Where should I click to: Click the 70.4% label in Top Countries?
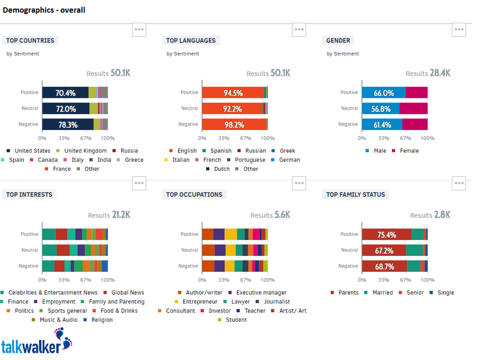pyautogui.click(x=65, y=93)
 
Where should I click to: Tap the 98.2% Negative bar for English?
pyautogui.click(x=233, y=125)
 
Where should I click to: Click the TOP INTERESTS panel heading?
pyautogui.click(x=29, y=194)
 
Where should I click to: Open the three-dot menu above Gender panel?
pyautogui.click(x=459, y=29)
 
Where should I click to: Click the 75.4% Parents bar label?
pyautogui.click(x=386, y=235)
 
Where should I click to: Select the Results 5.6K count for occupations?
pyautogui.click(x=270, y=215)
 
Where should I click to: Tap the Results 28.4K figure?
pyautogui.click(x=428, y=73)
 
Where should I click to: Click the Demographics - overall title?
pyautogui.click(x=44, y=10)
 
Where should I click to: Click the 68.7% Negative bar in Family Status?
pyautogui.click(x=385, y=266)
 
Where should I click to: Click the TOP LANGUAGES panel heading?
pyautogui.click(x=191, y=41)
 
